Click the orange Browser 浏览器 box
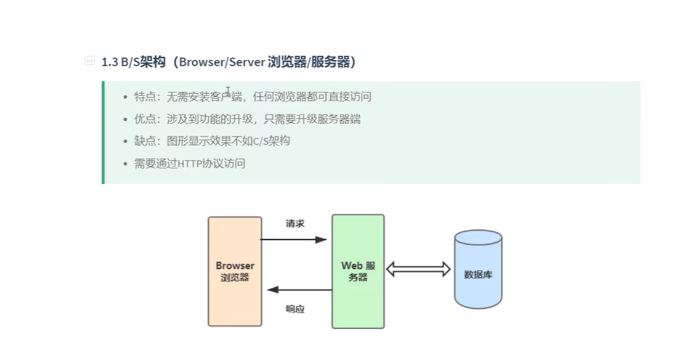click(235, 271)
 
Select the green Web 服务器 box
click(358, 271)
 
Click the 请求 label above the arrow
click(294, 223)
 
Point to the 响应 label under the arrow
click(295, 309)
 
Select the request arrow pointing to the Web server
click(293, 240)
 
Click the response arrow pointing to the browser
click(293, 290)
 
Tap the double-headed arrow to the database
click(418, 269)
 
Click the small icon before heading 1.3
click(90, 61)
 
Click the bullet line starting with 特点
click(253, 97)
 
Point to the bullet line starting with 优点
click(247, 119)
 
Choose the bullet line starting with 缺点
click(212, 141)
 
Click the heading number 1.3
click(110, 62)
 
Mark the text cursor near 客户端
click(228, 92)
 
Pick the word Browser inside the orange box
click(235, 266)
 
